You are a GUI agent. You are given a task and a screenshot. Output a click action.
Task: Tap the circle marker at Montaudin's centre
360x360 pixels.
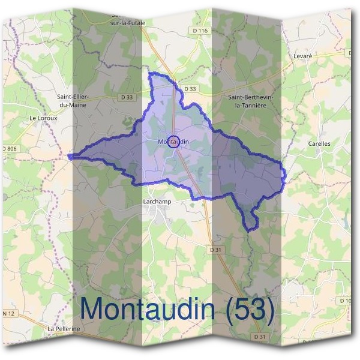tap(174, 140)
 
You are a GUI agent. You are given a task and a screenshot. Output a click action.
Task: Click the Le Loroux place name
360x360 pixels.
tap(43, 118)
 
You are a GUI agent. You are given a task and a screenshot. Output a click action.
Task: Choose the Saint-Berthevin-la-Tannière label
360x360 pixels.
tap(251, 100)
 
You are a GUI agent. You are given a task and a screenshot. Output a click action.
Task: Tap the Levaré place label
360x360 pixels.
tap(303, 56)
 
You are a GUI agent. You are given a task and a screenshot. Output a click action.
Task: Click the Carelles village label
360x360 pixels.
tap(319, 144)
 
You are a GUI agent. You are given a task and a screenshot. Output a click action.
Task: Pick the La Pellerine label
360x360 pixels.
tap(64, 329)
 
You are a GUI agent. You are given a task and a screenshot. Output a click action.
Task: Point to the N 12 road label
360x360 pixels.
tap(8, 314)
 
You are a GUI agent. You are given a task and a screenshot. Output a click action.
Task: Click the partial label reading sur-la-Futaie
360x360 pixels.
tap(128, 23)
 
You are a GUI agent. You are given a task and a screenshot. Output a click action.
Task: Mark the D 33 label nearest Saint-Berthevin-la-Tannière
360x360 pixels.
tap(190, 89)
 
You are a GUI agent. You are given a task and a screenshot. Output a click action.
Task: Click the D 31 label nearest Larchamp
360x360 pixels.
tap(217, 249)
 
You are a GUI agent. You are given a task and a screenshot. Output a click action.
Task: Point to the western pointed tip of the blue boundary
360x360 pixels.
tap(70, 157)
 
